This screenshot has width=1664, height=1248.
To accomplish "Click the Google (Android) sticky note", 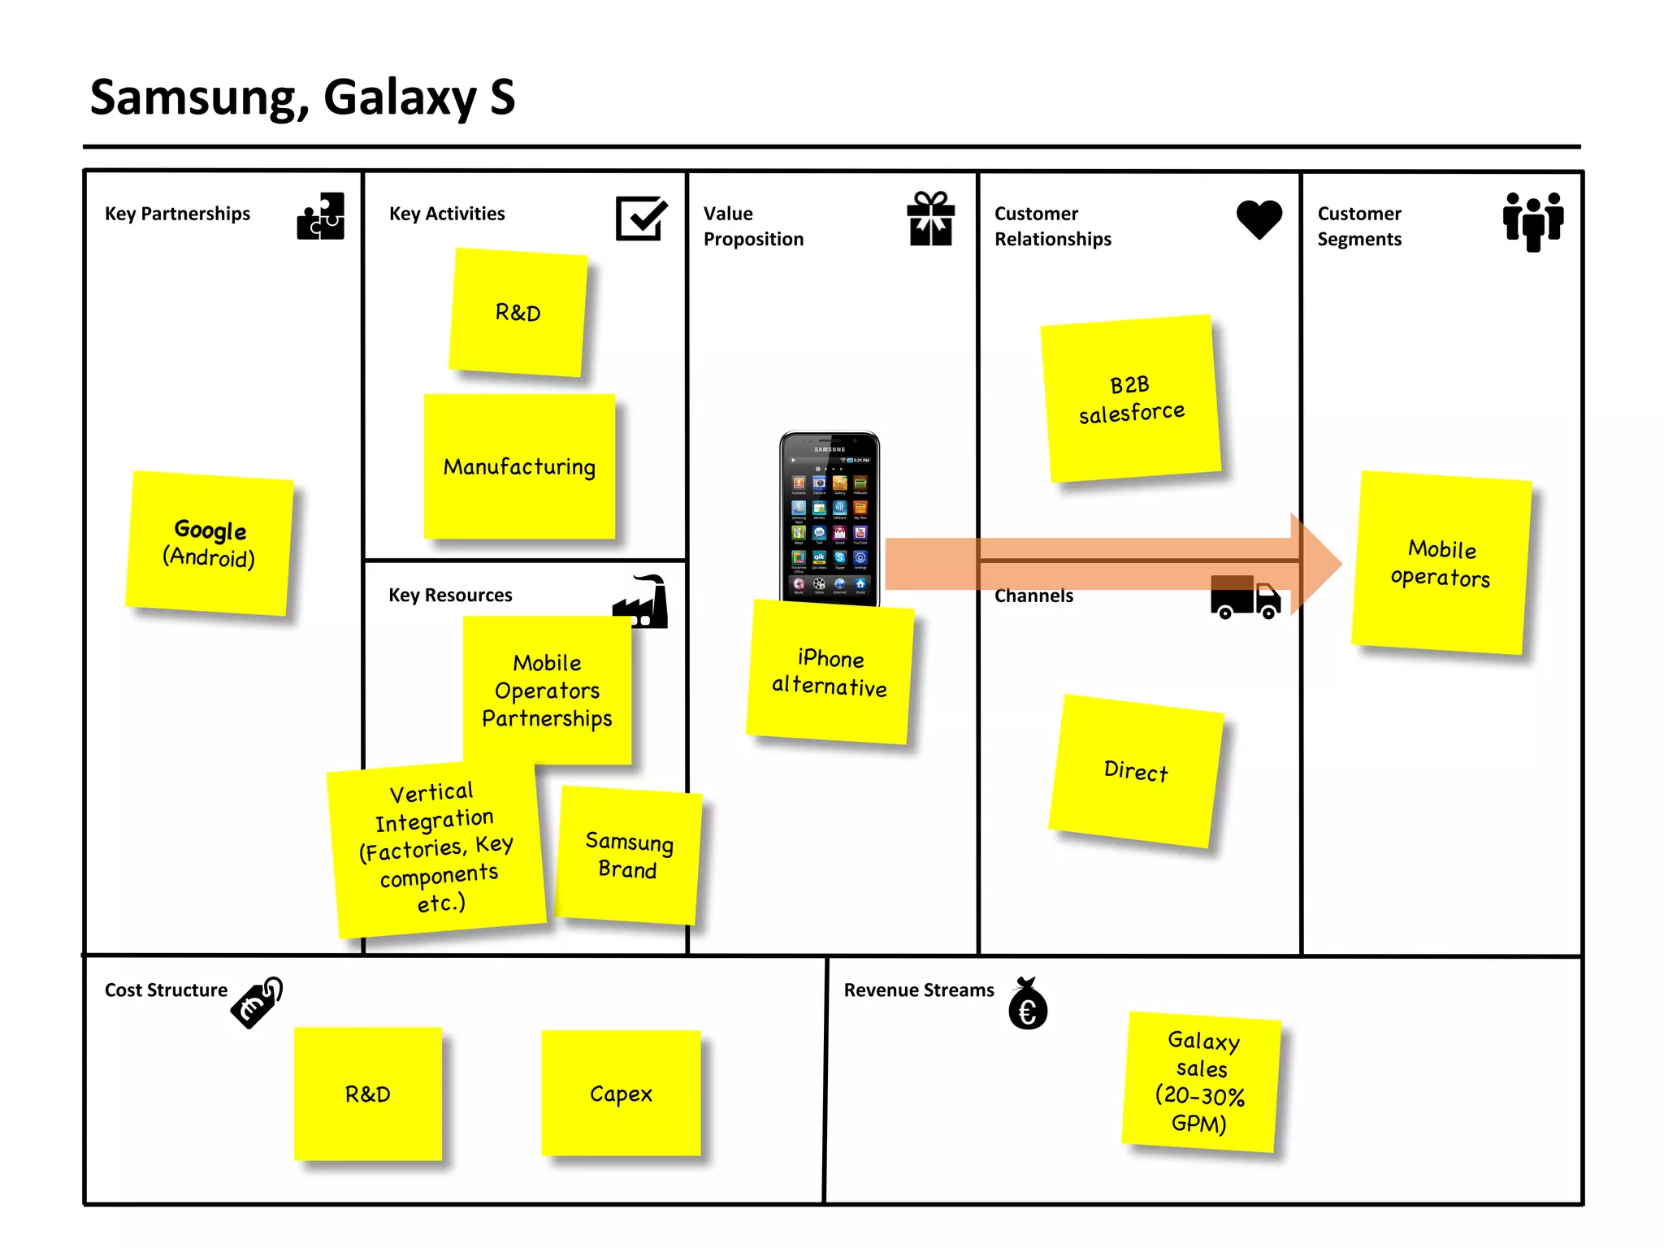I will pyautogui.click(x=210, y=543).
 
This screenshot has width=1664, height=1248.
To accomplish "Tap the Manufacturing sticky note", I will pyautogui.click(x=519, y=466).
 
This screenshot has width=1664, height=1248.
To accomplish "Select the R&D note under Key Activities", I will pyautogui.click(x=518, y=313).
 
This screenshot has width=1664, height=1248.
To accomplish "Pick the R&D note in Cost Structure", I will pyautogui.click(x=368, y=1094).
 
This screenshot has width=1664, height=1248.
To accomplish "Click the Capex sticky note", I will pyautogui.click(x=621, y=1094).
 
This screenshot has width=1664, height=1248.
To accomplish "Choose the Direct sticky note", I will pyautogui.click(x=1136, y=770).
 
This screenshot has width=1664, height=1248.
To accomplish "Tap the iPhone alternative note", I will pyautogui.click(x=830, y=672).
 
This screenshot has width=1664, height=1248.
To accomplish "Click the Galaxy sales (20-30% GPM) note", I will pyautogui.click(x=1201, y=1081).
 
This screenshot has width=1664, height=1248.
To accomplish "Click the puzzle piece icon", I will pyautogui.click(x=321, y=216).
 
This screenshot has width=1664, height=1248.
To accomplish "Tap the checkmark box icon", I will pyautogui.click(x=641, y=218).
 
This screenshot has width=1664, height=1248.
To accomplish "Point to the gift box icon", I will pyautogui.click(x=930, y=219).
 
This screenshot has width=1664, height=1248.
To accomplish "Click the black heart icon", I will pyautogui.click(x=1259, y=219).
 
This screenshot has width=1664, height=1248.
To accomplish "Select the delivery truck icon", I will pyautogui.click(x=1245, y=598).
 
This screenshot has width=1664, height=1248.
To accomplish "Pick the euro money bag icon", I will pyautogui.click(x=1028, y=1004).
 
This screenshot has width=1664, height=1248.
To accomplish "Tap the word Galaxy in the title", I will pyautogui.click(x=400, y=98).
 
